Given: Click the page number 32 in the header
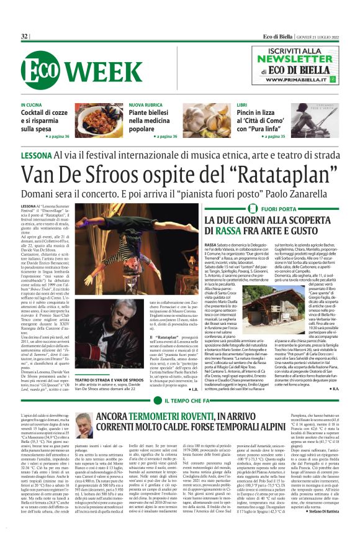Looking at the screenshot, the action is (25, 37).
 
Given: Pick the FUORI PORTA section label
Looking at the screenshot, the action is (281, 209).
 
